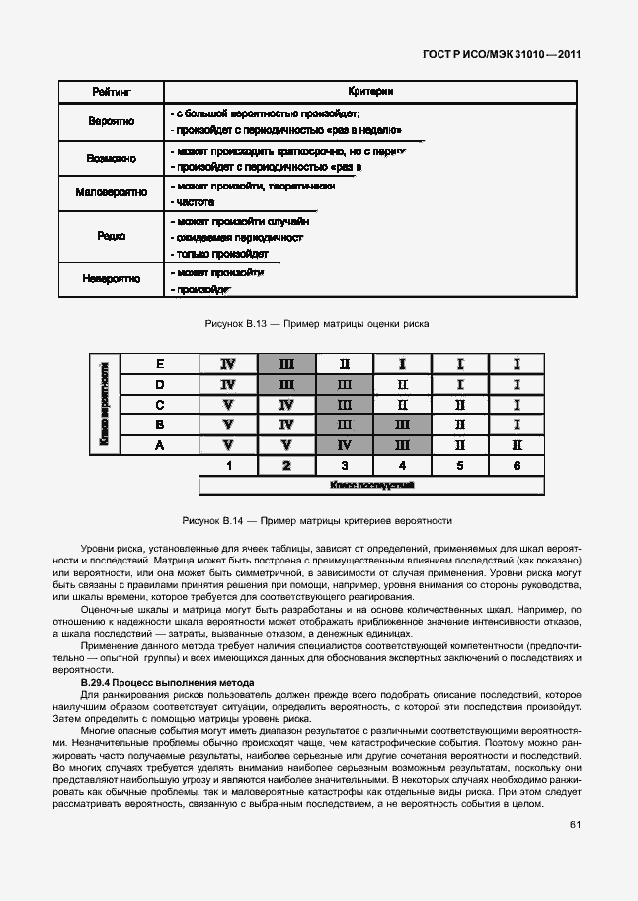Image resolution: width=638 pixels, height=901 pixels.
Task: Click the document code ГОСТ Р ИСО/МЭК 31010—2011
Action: pyautogui.click(x=501, y=55)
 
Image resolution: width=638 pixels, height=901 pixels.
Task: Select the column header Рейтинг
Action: pyautogui.click(x=112, y=92)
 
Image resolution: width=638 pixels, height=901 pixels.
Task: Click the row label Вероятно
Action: pyautogui.click(x=112, y=122)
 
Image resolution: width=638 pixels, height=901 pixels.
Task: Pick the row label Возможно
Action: pyautogui.click(x=112, y=158)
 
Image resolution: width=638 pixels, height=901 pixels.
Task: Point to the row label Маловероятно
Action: pyautogui.click(x=112, y=192)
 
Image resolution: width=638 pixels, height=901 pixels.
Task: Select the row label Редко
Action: pyautogui.click(x=112, y=237)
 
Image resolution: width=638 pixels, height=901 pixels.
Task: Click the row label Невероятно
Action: pyautogui.click(x=112, y=279)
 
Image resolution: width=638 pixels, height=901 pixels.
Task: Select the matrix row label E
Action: pyautogui.click(x=160, y=364)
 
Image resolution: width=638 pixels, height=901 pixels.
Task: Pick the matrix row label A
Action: pyautogui.click(x=160, y=445)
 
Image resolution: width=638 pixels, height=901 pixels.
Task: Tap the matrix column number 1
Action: pyautogui.click(x=228, y=466)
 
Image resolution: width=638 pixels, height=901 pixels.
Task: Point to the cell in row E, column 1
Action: pyautogui.click(x=228, y=364)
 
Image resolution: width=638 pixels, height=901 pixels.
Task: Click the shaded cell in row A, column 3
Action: pyautogui.click(x=345, y=445)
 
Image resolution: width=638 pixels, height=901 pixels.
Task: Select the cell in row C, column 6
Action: pyautogui.click(x=518, y=405)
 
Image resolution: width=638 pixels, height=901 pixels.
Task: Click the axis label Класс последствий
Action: pyautogui.click(x=371, y=486)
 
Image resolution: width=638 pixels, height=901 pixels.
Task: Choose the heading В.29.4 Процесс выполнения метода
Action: pyautogui.click(x=167, y=683)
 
